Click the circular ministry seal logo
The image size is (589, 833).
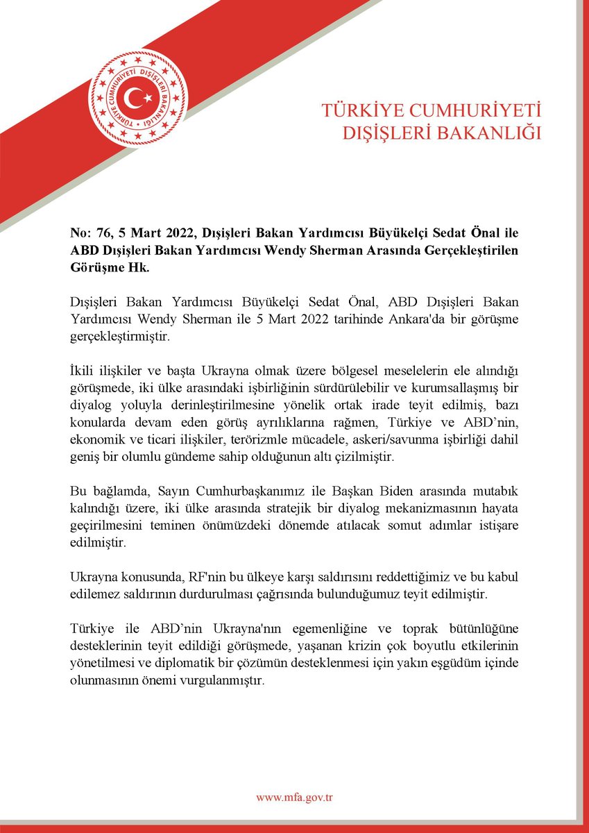point(139,99)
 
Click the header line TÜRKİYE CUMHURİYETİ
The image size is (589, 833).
point(430,110)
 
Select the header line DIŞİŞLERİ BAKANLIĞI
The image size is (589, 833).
point(441,133)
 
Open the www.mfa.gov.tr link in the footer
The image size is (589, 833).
point(295,798)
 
